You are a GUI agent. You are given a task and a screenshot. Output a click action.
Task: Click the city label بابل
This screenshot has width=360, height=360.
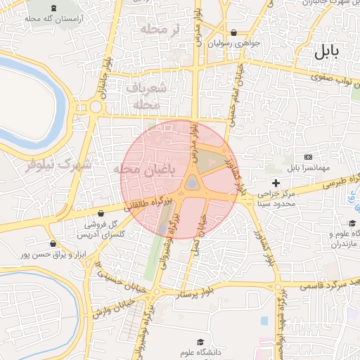click(x=326, y=51)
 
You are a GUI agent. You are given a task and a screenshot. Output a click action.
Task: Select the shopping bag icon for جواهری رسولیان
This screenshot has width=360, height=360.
click(x=233, y=32)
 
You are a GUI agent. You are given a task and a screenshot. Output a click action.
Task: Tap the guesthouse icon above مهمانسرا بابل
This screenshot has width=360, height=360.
click(x=308, y=156)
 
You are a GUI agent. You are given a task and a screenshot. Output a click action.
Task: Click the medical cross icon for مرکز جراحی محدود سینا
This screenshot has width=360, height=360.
click(x=276, y=183)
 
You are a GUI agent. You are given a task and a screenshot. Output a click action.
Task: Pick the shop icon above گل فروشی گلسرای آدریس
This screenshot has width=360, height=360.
click(x=101, y=212)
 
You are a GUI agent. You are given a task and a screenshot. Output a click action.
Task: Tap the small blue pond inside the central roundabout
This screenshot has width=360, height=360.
click(x=192, y=184)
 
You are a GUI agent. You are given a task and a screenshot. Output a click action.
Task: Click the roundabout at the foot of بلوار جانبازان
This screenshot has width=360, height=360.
click(x=96, y=107)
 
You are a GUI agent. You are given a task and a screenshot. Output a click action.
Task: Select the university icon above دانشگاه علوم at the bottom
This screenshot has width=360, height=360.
click(x=199, y=341)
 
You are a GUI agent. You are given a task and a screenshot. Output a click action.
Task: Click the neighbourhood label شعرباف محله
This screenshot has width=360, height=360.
click(x=147, y=96)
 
